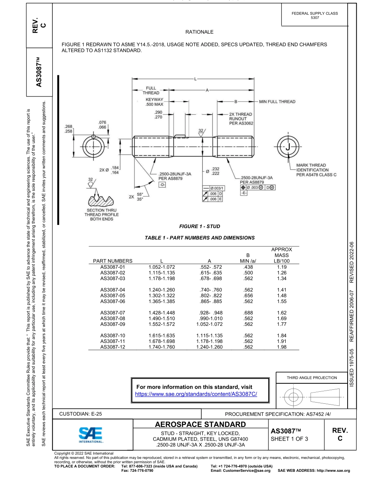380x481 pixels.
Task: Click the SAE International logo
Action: tap(91, 434)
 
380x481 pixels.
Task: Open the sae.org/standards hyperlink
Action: tap(196, 394)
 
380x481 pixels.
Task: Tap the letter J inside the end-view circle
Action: tap(288, 147)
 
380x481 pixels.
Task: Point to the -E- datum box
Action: tap(244, 193)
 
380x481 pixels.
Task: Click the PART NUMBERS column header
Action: tap(112, 261)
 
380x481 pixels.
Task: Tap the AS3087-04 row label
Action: tap(112, 290)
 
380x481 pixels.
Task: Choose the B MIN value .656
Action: tap(249, 295)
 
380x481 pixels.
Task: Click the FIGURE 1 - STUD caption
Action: tap(200, 226)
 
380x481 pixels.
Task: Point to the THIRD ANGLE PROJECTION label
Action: tap(312, 377)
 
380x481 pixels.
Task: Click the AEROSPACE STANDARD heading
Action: tap(200, 424)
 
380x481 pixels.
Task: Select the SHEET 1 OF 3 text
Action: tap(290, 439)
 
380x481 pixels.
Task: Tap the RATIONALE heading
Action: tap(200, 32)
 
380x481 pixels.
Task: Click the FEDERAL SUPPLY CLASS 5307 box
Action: tap(315, 16)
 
